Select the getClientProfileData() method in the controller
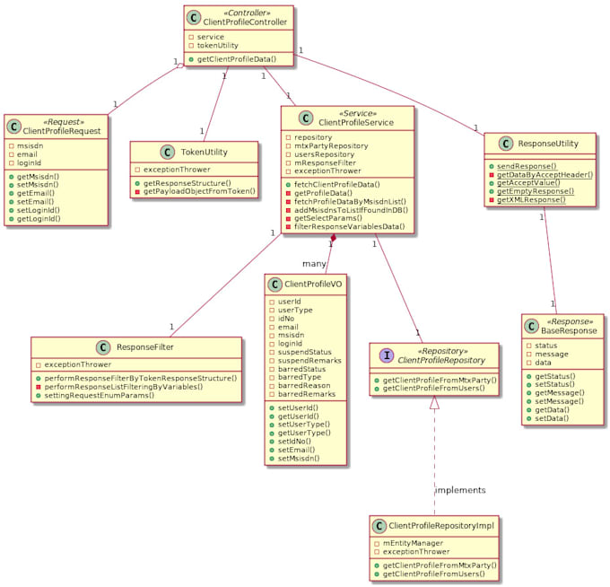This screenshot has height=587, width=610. pos(236,58)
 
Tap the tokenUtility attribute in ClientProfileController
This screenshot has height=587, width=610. pos(218,45)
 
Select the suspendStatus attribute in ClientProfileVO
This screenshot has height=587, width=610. pos(305,351)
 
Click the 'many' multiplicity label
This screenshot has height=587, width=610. pos(314,264)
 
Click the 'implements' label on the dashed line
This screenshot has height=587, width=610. pos(460,490)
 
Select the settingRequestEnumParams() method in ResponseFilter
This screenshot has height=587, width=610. pos(100,394)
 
